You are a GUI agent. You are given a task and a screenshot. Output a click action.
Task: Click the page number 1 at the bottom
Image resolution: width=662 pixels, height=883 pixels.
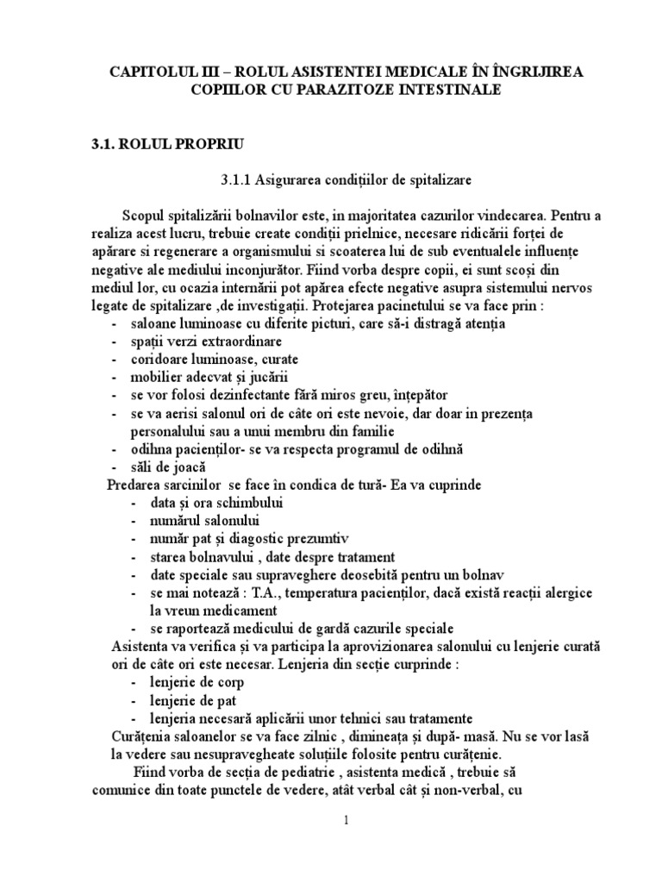click(346, 822)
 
